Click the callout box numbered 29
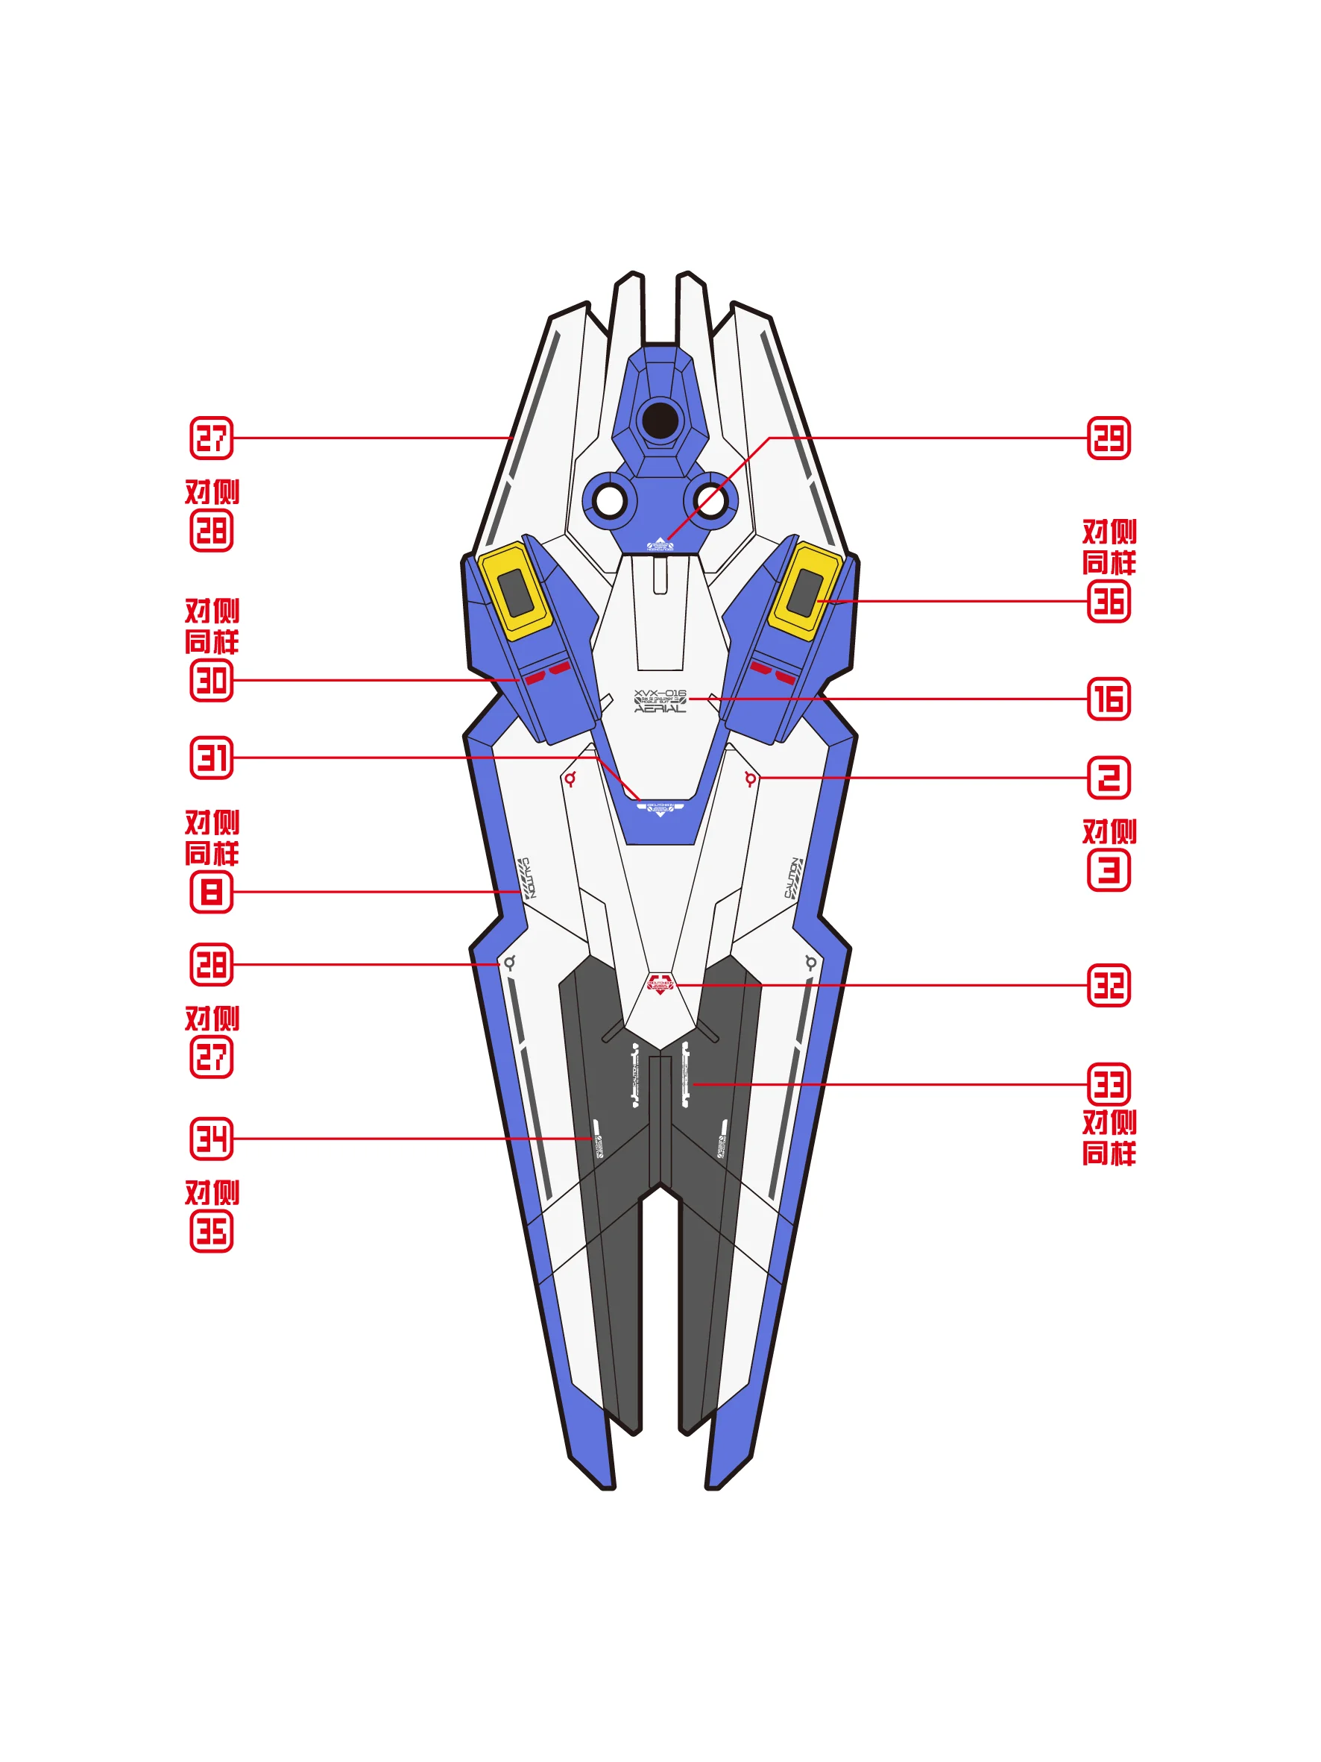click(x=1109, y=438)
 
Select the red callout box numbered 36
click(x=1109, y=602)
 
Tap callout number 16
click(x=1109, y=699)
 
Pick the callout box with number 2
click(x=1109, y=778)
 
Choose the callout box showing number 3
click(x=1109, y=870)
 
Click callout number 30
click(x=211, y=680)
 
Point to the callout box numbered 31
click(x=211, y=758)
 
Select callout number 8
click(x=211, y=891)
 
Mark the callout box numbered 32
click(x=1109, y=985)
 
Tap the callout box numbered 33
click(x=1109, y=1084)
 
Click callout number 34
click(x=211, y=1139)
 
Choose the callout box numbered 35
click(x=211, y=1232)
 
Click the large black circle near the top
click(x=660, y=421)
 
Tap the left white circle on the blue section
click(x=610, y=502)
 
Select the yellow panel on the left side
click(x=514, y=591)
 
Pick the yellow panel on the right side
click(x=805, y=591)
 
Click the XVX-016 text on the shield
click(x=659, y=693)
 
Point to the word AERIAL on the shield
click(x=659, y=709)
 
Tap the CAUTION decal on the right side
click(x=793, y=878)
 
